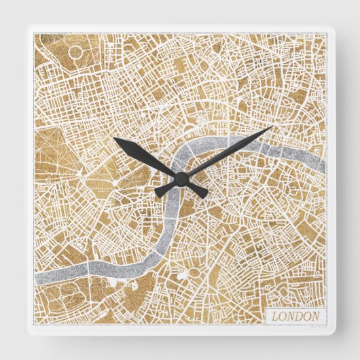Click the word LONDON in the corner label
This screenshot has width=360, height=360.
(x=295, y=317)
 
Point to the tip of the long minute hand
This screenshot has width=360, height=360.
(x=273, y=126)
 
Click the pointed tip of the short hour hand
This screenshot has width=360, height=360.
(x=114, y=139)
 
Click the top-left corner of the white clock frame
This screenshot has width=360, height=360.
(x=26, y=26)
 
